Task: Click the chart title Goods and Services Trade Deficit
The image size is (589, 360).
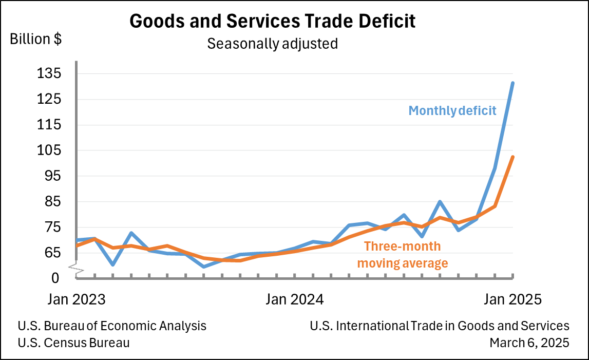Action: coord(272,22)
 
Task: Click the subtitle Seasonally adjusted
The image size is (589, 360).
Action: coord(272,44)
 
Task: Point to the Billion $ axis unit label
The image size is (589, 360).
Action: coord(36,40)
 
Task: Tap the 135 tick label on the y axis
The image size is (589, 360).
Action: coord(49,73)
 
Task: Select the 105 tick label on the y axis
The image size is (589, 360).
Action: coord(49,150)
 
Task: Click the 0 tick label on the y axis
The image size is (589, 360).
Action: coord(55,278)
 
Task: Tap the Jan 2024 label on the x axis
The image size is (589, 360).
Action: coord(295,299)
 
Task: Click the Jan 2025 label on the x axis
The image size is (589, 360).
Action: coord(512,299)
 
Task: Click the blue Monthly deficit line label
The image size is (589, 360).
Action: coord(452,110)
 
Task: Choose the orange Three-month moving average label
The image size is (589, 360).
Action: coord(403,255)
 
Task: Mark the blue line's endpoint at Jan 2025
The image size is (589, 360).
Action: coord(512,83)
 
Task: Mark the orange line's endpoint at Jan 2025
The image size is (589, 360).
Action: coord(512,157)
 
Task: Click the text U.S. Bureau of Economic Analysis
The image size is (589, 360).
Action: coord(112,326)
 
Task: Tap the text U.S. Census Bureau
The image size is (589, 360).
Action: coord(73,343)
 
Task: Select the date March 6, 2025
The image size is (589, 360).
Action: coord(529,343)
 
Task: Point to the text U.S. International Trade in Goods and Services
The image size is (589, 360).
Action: coord(440,326)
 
